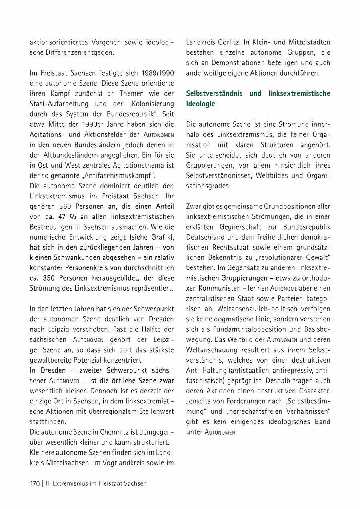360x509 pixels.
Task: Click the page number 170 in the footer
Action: pyautogui.click(x=35, y=483)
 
